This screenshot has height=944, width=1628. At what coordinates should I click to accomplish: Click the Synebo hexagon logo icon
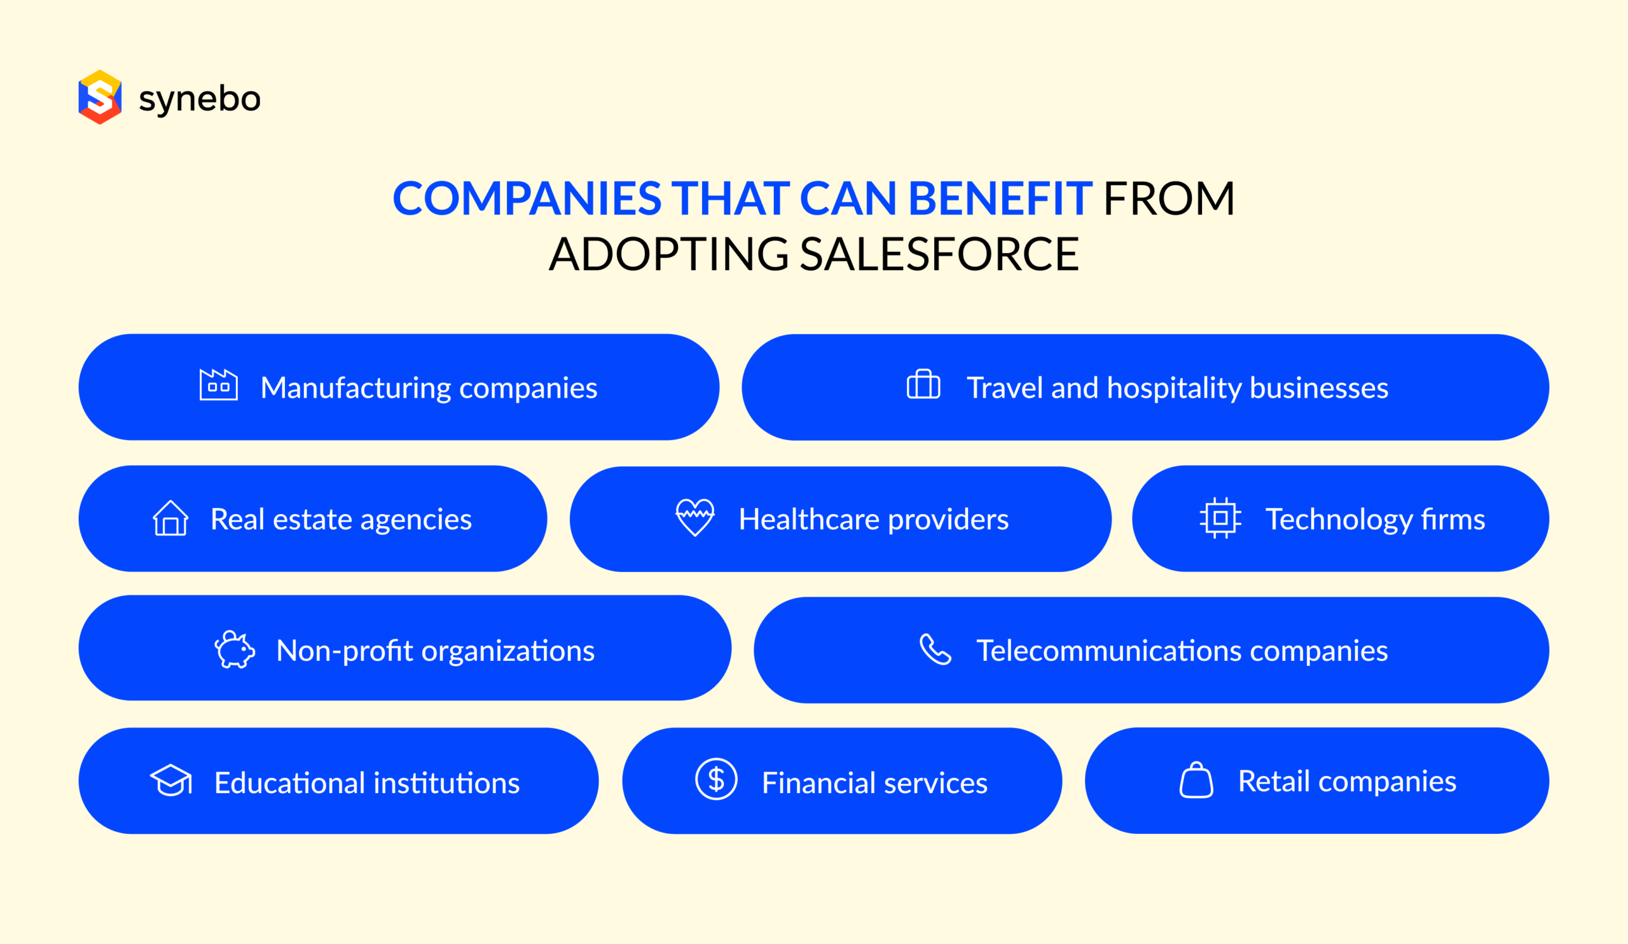pyautogui.click(x=99, y=97)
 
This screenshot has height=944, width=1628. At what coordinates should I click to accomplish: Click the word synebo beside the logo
pyautogui.click(x=200, y=99)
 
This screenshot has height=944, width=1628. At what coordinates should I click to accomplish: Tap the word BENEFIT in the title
pyautogui.click(x=1000, y=198)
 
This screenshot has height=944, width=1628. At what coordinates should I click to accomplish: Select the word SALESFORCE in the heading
pyautogui.click(x=939, y=254)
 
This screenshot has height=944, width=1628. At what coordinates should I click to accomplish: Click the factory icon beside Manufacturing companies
pyautogui.click(x=218, y=385)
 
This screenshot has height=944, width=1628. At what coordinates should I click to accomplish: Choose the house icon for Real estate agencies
pyautogui.click(x=170, y=518)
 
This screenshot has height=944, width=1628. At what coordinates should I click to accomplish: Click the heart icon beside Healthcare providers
pyautogui.click(x=695, y=517)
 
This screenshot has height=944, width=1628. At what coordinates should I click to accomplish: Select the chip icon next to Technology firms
pyautogui.click(x=1220, y=518)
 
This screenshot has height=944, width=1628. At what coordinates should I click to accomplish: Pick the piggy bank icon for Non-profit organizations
pyautogui.click(x=235, y=649)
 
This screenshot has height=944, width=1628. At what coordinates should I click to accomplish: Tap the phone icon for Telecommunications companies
pyautogui.click(x=935, y=649)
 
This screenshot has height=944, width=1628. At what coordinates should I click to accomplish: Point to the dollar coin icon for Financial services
pyautogui.click(x=716, y=779)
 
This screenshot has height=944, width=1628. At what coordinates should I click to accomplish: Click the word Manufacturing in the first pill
pyautogui.click(x=356, y=387)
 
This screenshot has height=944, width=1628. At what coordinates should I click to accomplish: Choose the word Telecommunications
pyautogui.click(x=1108, y=651)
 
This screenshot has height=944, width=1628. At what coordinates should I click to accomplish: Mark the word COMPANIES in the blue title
pyautogui.click(x=527, y=198)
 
